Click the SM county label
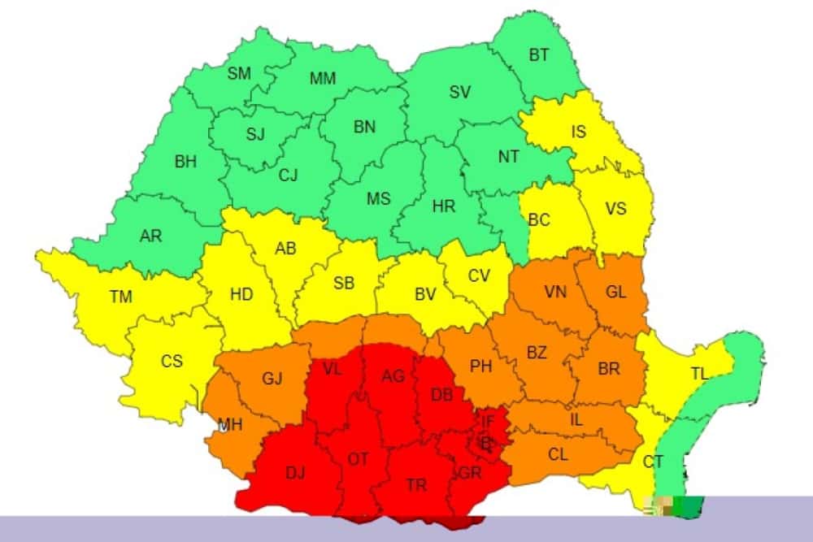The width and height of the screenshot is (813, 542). [x=239, y=74]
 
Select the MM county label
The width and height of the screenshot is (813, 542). [x=323, y=79]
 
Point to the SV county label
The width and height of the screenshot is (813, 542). [x=460, y=92]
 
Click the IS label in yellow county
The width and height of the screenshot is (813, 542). [x=578, y=132]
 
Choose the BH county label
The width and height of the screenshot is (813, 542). [x=185, y=162]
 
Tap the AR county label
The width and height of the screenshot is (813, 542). [x=150, y=236]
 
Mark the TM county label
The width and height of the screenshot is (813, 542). [x=120, y=297]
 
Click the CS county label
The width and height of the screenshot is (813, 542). [x=172, y=362]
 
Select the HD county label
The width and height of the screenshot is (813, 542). [x=241, y=295]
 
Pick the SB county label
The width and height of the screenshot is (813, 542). [x=344, y=284]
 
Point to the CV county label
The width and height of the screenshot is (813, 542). [x=479, y=276]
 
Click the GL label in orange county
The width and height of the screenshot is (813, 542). [x=616, y=293]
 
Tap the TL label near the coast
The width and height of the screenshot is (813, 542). [x=699, y=374]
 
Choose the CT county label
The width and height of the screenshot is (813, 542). [x=653, y=462]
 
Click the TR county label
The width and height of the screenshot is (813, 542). [x=416, y=485]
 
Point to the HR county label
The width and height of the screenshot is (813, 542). [x=444, y=207]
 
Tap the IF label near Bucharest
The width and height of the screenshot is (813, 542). [x=488, y=421]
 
